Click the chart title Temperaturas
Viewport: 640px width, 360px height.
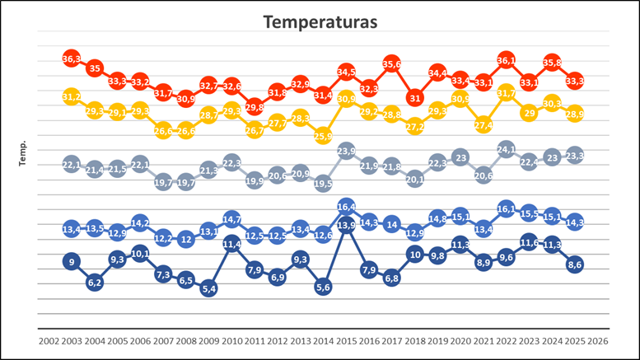click(x=320, y=21)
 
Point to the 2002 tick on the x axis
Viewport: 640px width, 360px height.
click(x=49, y=339)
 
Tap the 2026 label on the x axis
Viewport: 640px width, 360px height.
click(x=598, y=339)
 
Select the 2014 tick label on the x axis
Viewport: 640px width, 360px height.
click(x=323, y=339)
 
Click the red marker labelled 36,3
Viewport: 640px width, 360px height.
click(x=72, y=58)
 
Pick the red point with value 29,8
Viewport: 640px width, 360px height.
click(x=255, y=107)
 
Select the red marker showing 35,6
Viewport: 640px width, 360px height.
click(x=392, y=63)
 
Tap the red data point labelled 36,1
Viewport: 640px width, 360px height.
click(x=507, y=60)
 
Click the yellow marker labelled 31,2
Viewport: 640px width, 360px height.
click(x=72, y=96)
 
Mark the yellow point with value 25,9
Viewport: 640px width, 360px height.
click(x=323, y=136)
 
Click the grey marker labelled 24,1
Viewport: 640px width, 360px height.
click(x=507, y=150)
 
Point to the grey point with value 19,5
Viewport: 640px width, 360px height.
click(x=323, y=184)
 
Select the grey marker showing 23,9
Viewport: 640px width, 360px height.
click(x=346, y=151)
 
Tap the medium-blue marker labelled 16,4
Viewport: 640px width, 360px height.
click(x=346, y=206)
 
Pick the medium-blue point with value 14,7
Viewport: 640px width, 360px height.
click(x=231, y=219)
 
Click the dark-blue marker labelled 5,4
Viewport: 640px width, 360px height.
click(x=208, y=289)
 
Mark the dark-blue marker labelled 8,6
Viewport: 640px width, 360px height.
click(x=575, y=264)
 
